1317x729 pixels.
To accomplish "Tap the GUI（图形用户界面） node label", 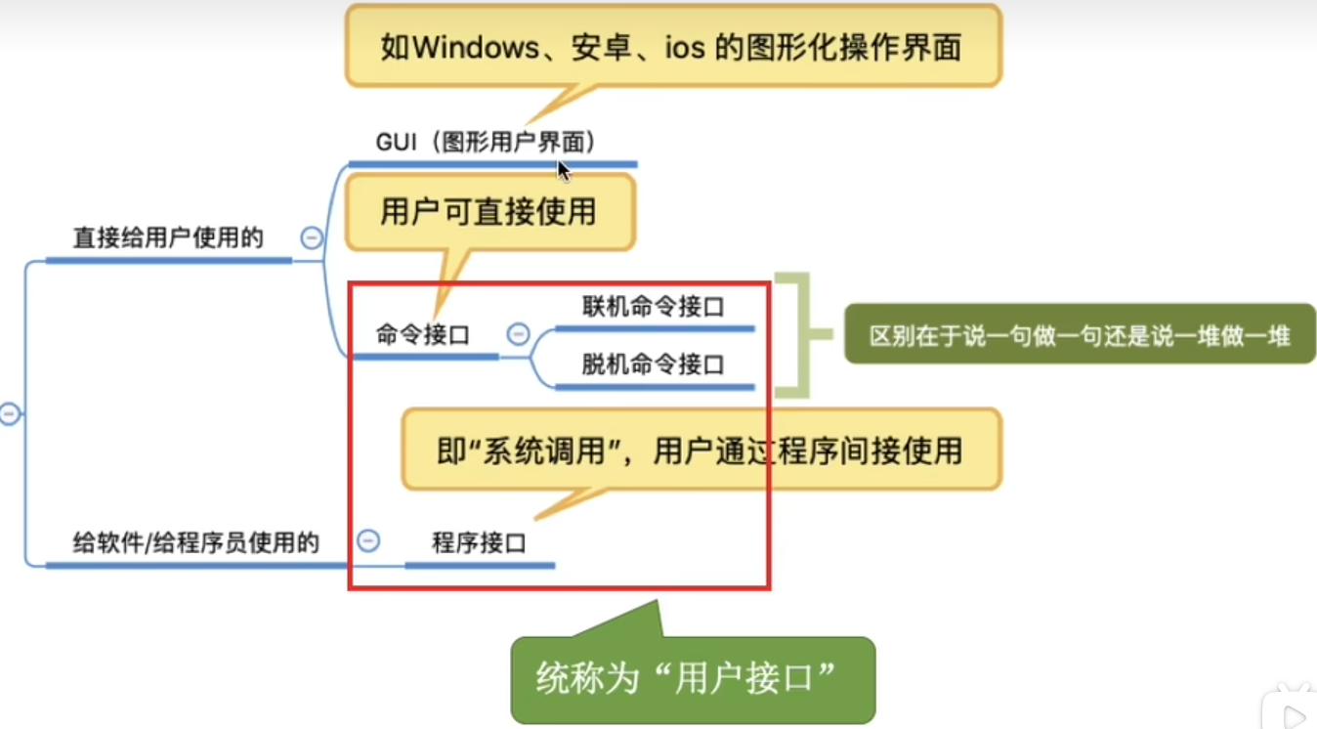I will pyautogui.click(x=487, y=142).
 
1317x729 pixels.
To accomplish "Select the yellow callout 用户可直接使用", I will pyautogui.click(x=489, y=211).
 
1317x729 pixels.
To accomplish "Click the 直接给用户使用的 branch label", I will pyautogui.click(x=168, y=237).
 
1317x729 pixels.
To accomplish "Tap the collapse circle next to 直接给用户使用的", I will pyautogui.click(x=312, y=237).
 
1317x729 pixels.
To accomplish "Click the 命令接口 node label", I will pyautogui.click(x=423, y=335).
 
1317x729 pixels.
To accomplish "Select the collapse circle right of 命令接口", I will pyautogui.click(x=518, y=334).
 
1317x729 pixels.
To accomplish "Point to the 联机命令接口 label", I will pyautogui.click(x=654, y=307).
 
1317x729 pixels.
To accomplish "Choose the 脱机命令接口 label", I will pyautogui.click(x=654, y=365).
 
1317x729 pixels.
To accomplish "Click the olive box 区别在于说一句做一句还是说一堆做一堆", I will pyautogui.click(x=1080, y=335).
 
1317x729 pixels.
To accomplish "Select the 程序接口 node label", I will pyautogui.click(x=479, y=542).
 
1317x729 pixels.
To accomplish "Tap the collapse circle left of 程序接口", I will pyautogui.click(x=368, y=540).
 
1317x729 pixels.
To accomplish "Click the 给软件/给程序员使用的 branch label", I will pyautogui.click(x=195, y=543).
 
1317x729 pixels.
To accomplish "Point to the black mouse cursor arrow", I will pyautogui.click(x=563, y=169).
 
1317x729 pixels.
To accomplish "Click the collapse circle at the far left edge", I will pyautogui.click(x=9, y=414).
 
